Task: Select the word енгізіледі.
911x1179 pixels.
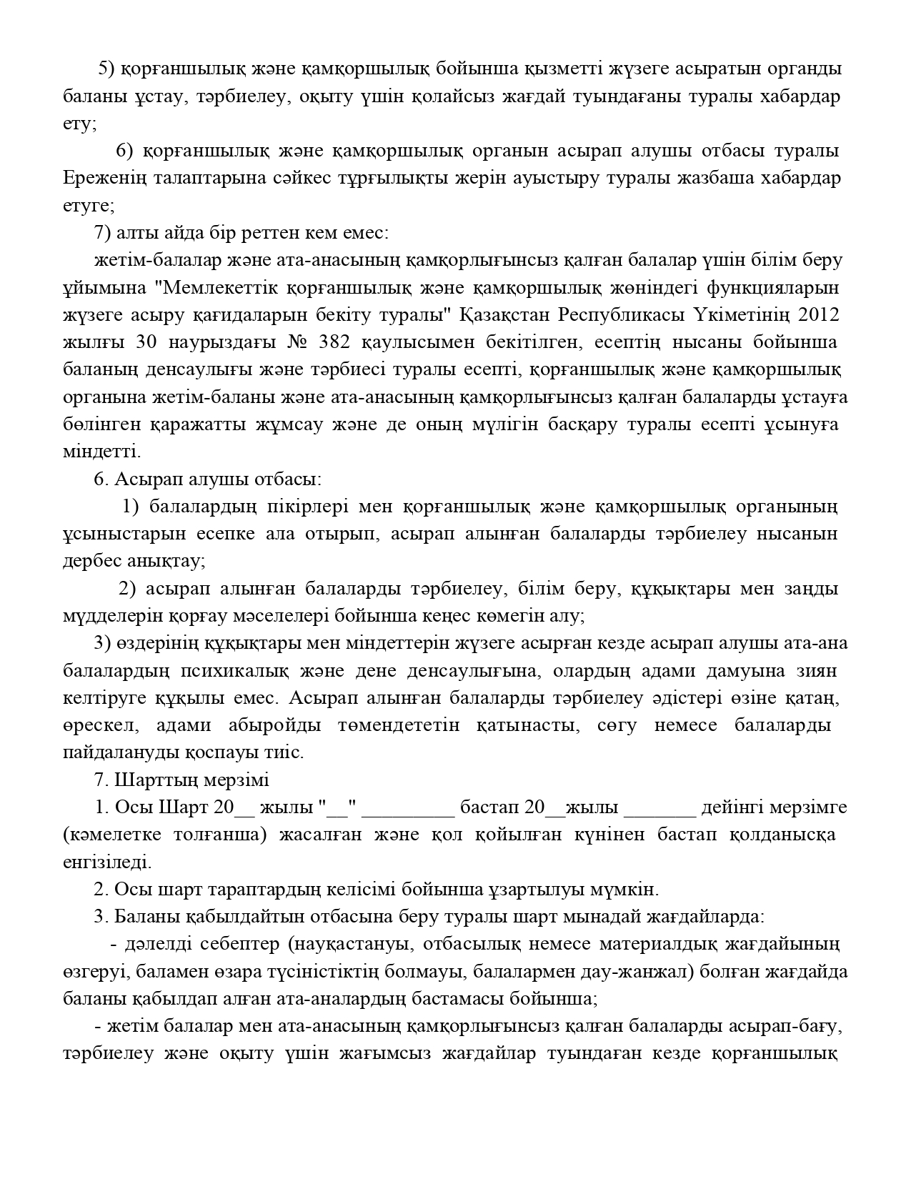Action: click(x=107, y=862)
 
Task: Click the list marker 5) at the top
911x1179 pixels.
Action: click(x=106, y=69)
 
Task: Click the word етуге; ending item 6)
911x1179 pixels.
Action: click(x=89, y=206)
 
